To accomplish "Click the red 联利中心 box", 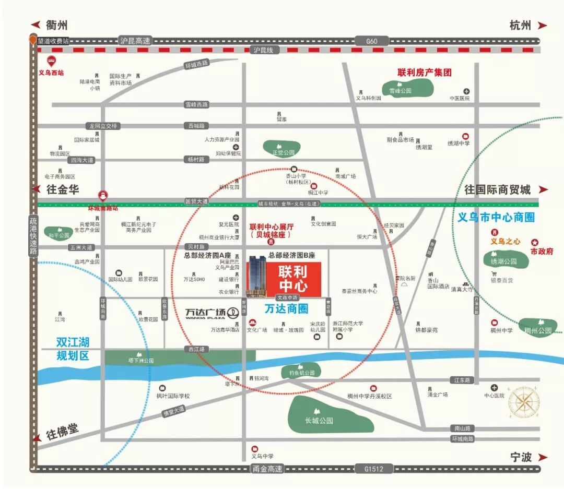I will (x=292, y=279).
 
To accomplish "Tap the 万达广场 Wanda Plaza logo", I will (x=212, y=313).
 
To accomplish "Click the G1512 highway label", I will (x=372, y=469).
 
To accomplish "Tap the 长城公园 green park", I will (x=330, y=414).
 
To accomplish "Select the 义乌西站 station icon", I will (x=51, y=61).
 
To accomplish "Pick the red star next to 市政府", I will (x=535, y=242).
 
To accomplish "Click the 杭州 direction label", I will (x=520, y=26).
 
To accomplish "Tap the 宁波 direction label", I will (x=521, y=457).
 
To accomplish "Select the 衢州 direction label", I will (x=56, y=26).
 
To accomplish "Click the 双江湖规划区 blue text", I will (x=73, y=349).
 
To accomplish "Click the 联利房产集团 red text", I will (x=425, y=73).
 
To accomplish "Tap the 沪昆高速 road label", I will (x=135, y=41).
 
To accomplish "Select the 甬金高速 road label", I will (x=267, y=469).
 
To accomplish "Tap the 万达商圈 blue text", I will (x=286, y=309).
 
